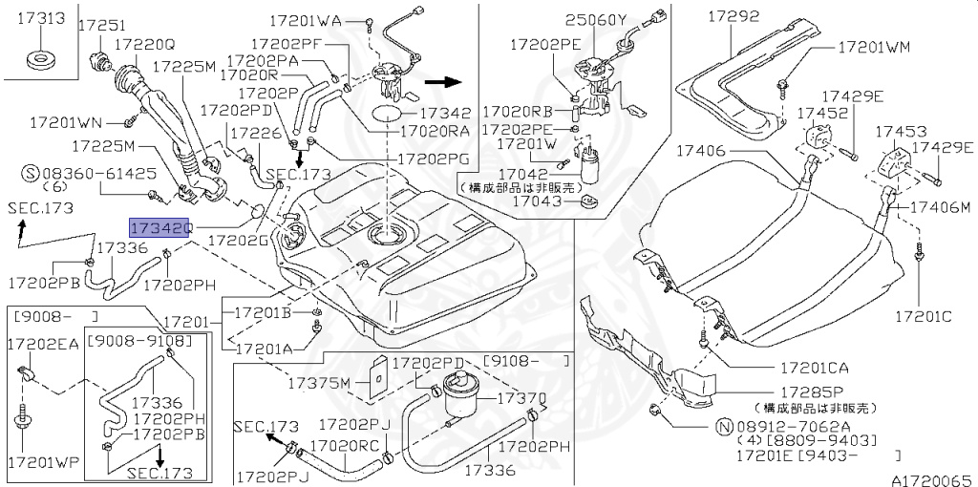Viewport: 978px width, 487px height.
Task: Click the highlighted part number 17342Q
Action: pos(161,228)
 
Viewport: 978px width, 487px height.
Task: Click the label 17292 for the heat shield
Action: pos(733,16)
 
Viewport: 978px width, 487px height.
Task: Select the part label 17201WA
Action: pos(304,19)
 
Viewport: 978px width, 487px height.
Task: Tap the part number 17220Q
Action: pos(144,44)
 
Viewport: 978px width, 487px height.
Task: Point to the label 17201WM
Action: pos(874,46)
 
